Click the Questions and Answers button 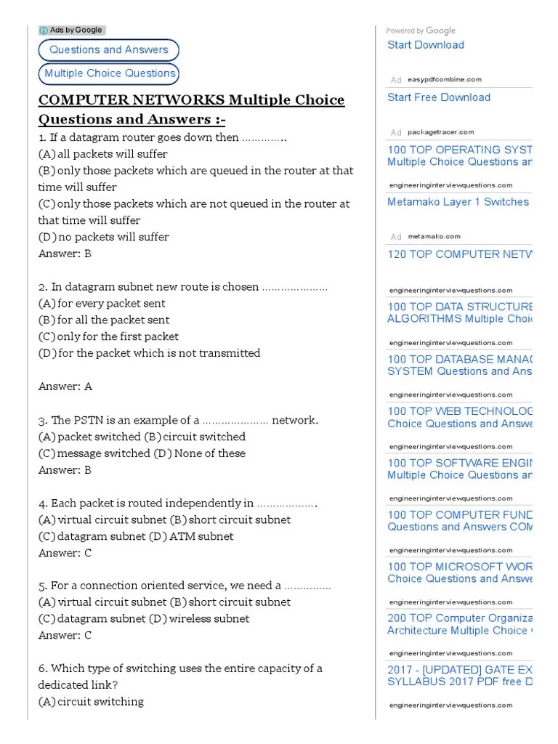pyautogui.click(x=108, y=50)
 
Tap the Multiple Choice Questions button pyautogui.click(x=110, y=73)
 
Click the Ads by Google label pyautogui.click(x=72, y=31)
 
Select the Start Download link pyautogui.click(x=425, y=45)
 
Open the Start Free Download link pyautogui.click(x=438, y=97)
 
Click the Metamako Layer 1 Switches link pyautogui.click(x=458, y=202)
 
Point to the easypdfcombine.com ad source pyautogui.click(x=444, y=80)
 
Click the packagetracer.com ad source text pyautogui.click(x=440, y=132)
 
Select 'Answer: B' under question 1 pyautogui.click(x=65, y=254)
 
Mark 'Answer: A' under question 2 pyautogui.click(x=65, y=387)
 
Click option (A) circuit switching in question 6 pyautogui.click(x=91, y=701)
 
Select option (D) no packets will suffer pyautogui.click(x=103, y=237)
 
